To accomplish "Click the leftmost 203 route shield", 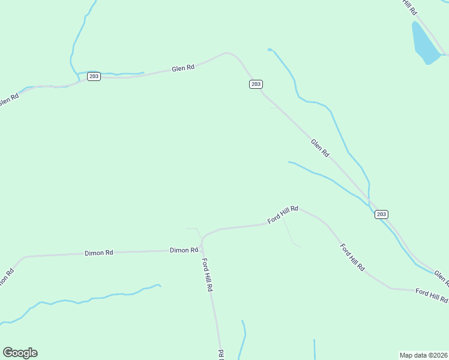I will tap(94, 76).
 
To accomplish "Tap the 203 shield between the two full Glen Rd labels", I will tap(256, 84).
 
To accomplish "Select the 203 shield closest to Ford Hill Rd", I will tap(381, 214).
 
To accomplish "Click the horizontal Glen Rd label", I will tap(183, 68).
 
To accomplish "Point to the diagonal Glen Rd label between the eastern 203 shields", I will tap(320, 148).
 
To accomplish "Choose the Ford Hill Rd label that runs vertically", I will tap(207, 275).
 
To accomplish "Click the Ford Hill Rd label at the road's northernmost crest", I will tap(283, 214).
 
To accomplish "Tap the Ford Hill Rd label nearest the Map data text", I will tap(432, 295).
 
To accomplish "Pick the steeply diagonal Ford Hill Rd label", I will tap(352, 257).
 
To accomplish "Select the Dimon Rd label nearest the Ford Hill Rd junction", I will tap(184, 250).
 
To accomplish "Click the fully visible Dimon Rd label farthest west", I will tap(99, 253).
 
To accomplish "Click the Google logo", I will tap(20, 353).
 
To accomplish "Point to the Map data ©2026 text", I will tap(423, 355).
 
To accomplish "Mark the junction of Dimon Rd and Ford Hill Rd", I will tap(202, 239).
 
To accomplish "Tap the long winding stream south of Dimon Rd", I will tap(90, 298).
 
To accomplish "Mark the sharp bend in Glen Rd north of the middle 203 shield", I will tap(228, 53).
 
